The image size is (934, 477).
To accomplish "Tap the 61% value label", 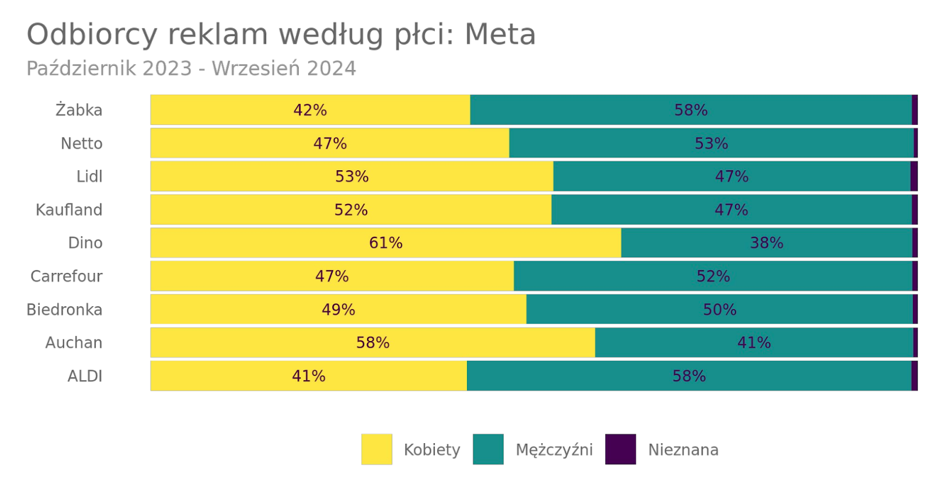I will [385, 243].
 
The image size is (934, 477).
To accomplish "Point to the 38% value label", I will [766, 243].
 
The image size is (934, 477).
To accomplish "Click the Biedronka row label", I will [64, 310].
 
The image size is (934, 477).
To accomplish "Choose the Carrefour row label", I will [66, 276].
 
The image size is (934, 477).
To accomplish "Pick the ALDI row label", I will [85, 376].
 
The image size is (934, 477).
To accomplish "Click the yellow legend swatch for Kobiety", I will [377, 449].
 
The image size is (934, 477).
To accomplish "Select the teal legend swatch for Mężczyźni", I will [488, 449].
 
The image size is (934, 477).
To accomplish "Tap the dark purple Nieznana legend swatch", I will [620, 449].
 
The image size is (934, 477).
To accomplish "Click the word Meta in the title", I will [500, 34].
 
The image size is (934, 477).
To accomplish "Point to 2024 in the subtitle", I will [331, 68].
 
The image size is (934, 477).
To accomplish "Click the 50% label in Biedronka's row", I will [719, 310].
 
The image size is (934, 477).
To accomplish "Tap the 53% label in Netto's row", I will [711, 143].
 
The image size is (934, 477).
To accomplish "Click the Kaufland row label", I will [69, 210].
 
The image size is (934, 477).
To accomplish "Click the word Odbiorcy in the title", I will [92, 34].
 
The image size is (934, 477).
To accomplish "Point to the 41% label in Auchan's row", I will [754, 342].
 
